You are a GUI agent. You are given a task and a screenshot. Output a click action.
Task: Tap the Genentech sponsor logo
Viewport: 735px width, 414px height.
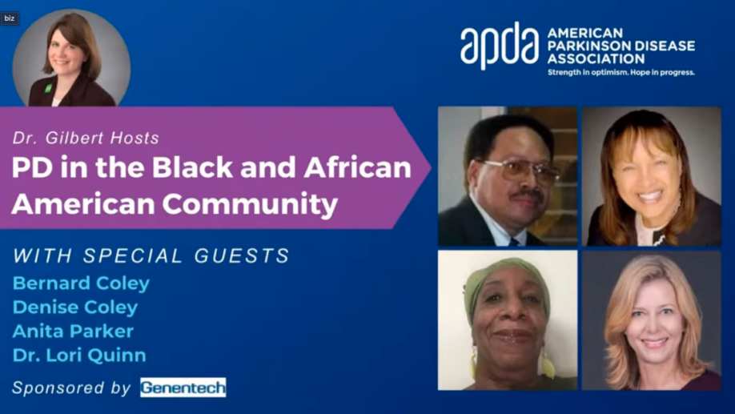point(183,388)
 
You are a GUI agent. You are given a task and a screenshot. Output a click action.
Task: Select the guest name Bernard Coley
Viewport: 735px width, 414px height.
point(81,283)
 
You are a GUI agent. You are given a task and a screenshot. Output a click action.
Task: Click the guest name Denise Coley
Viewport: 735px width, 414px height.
point(75,307)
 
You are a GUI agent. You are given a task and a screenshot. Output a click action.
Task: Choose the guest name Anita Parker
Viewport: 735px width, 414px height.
point(73,331)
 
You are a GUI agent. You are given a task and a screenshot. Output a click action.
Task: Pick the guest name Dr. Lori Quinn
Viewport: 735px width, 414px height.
point(79,355)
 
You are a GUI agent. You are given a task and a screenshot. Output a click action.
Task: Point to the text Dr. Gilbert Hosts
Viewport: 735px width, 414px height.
point(86,138)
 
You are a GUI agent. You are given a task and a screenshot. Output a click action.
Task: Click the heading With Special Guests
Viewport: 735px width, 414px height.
point(151,256)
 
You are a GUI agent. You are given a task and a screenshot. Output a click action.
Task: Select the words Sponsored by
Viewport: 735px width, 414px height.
point(71,388)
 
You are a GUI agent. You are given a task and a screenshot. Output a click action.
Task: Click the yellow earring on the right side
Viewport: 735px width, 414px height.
point(548,364)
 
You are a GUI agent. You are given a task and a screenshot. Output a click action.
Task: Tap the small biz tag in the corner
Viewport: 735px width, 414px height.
point(10,18)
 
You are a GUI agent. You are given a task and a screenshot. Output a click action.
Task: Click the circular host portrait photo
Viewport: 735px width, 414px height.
point(71,59)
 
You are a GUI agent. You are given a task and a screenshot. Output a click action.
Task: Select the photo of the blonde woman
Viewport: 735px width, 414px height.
point(651,320)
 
